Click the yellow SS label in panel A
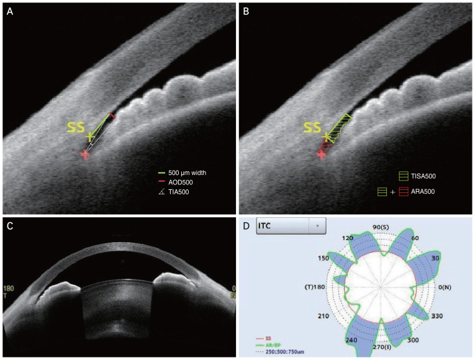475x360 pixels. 76,128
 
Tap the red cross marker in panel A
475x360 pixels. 85,155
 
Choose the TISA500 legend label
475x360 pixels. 423,176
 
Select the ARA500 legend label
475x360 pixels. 422,192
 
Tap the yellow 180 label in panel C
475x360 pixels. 8,289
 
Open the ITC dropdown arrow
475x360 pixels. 317,227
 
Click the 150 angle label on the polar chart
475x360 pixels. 323,258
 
